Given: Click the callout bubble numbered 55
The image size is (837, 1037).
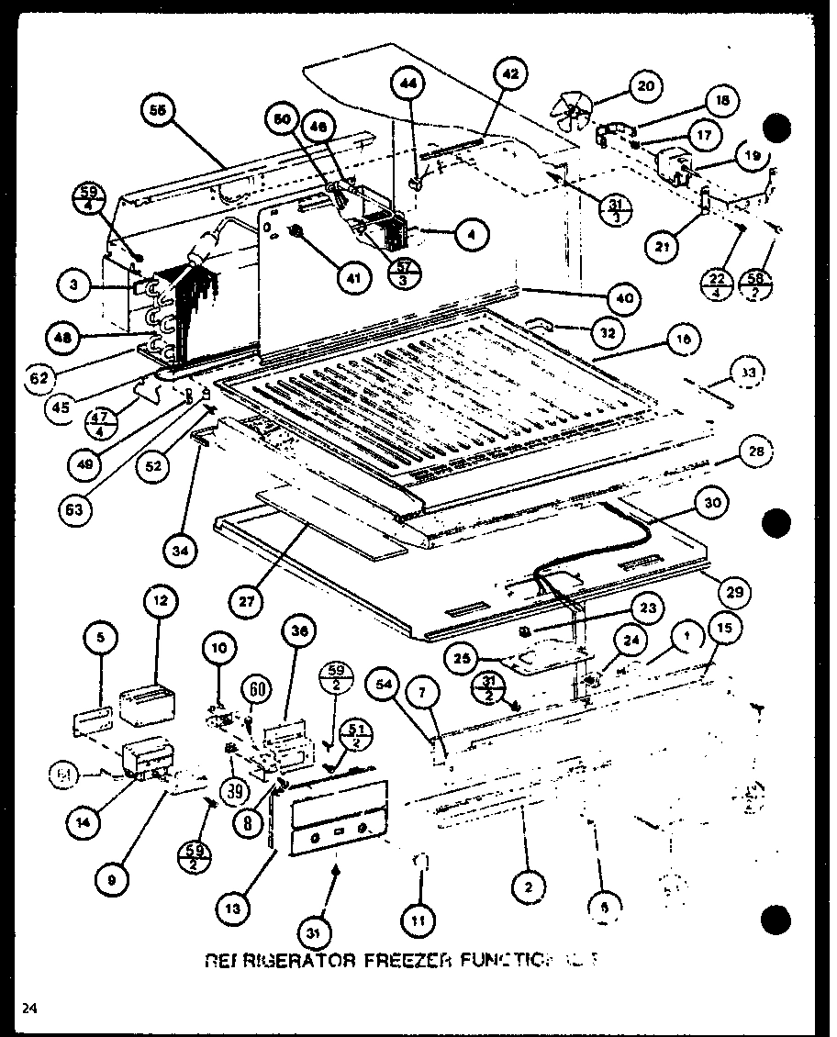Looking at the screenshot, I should coord(158,112).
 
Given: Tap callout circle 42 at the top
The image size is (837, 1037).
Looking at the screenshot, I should coord(512,72).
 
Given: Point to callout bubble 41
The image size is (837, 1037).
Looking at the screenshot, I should coord(350,278).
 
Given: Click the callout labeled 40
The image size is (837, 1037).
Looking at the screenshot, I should coord(623,299).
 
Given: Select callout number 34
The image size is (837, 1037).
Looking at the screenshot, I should coord(181,551).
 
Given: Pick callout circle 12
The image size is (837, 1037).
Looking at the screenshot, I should coord(160,601).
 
